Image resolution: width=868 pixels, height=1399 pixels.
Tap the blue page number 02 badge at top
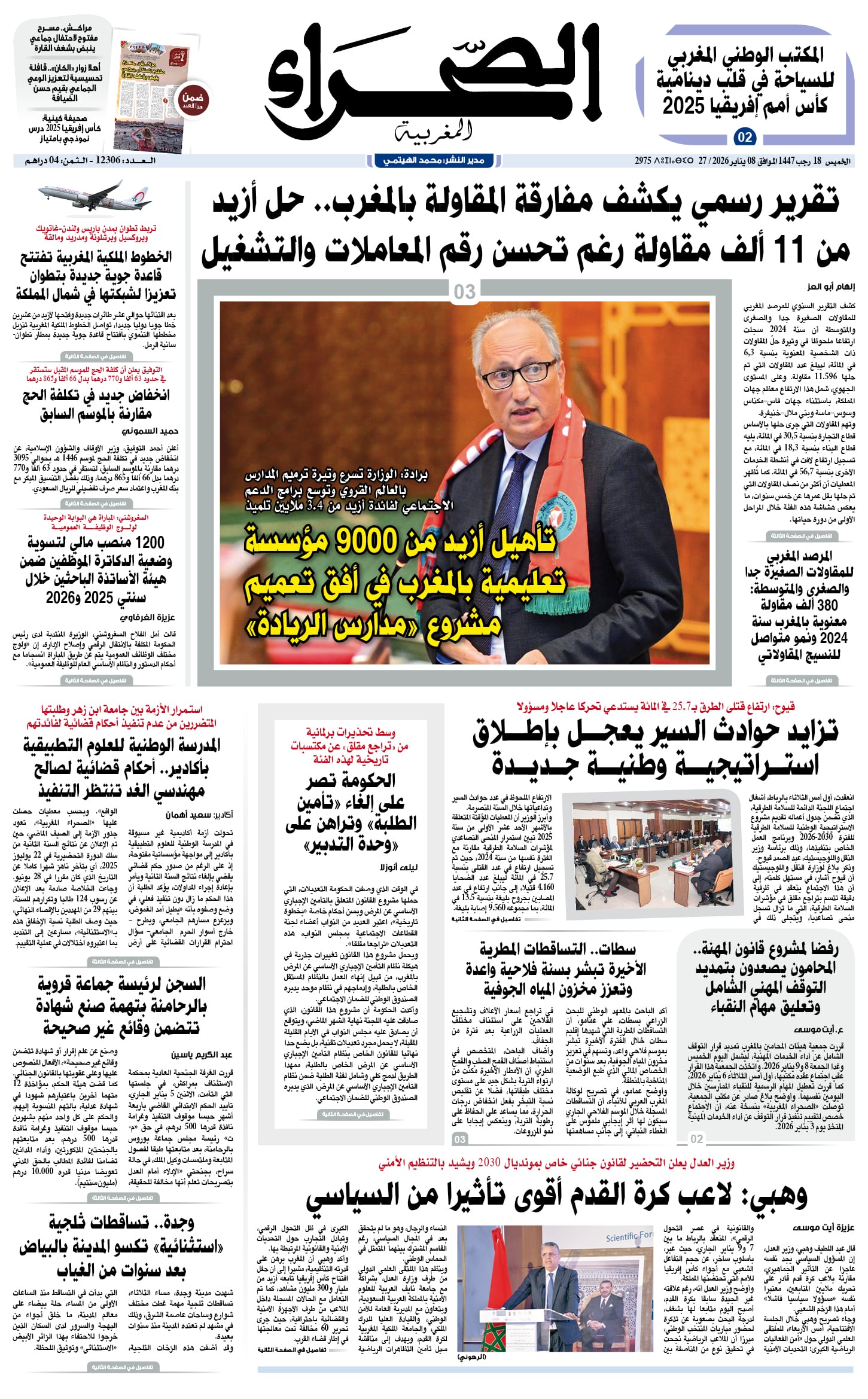tap(744, 138)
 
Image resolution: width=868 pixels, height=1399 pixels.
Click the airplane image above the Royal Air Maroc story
tap(96, 194)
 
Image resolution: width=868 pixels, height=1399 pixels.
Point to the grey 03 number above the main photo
tap(465, 292)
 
